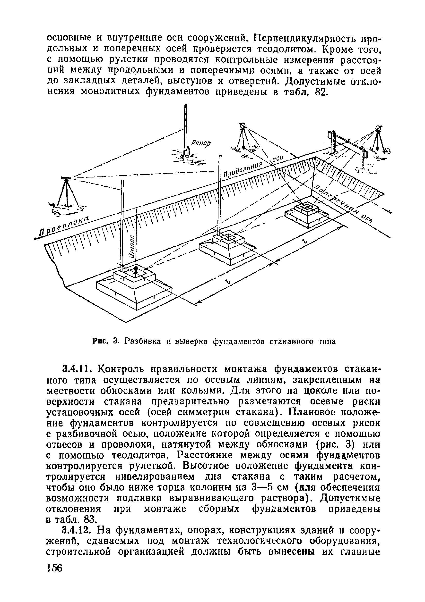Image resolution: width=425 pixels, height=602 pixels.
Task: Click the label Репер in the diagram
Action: pyautogui.click(x=201, y=143)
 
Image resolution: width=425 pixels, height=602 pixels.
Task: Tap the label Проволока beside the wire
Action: pyautogui.click(x=64, y=222)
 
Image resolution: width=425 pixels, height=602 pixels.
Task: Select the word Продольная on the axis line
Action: pyautogui.click(x=243, y=170)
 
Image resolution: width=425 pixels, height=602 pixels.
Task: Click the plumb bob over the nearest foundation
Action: pyautogui.click(x=136, y=269)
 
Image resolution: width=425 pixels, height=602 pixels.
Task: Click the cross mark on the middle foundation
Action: pyautogui.click(x=228, y=238)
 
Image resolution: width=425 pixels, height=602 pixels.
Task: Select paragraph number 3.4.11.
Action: pyautogui.click(x=78, y=369)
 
